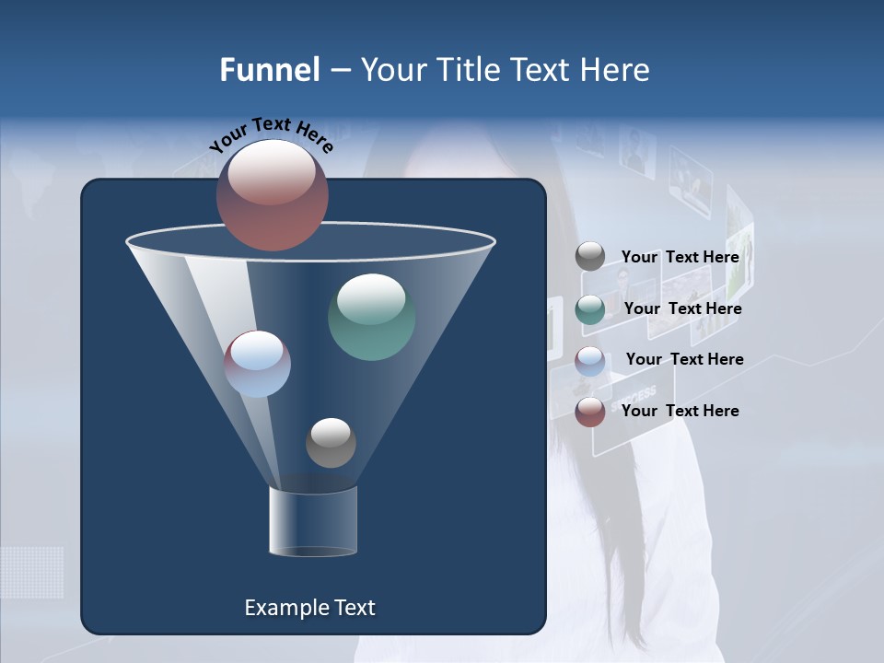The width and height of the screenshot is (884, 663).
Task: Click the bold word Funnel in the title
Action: coord(269,70)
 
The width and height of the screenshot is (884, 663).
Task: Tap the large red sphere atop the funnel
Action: coord(273,195)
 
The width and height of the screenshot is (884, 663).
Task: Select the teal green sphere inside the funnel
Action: coord(371,317)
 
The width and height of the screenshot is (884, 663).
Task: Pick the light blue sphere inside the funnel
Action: coord(258,364)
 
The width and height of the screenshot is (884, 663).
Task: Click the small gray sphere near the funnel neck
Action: coord(331,443)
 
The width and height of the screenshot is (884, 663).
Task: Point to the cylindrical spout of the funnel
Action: coord(313,521)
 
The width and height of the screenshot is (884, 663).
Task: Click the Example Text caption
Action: coord(309,608)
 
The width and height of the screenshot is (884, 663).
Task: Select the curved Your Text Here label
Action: coord(272,135)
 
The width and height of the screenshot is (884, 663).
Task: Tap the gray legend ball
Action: coord(590,257)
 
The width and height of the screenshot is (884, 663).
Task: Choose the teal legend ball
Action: coord(590,309)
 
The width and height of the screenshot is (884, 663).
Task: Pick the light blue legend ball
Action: coord(590,361)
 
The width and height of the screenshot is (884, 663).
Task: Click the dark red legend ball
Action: coord(590,412)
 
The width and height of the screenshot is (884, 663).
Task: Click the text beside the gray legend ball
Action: coord(680,257)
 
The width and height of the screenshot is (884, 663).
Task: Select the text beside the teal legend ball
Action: coord(682,308)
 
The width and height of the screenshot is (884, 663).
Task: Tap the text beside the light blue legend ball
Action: coord(684,359)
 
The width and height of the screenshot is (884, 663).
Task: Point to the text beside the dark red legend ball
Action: coord(680,411)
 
